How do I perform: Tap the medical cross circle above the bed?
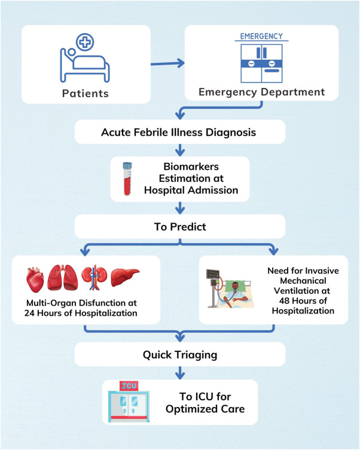pos(85,42)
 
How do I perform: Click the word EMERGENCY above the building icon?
pos(261,36)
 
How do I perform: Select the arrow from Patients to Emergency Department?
pos(167,63)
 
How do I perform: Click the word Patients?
pos(86,93)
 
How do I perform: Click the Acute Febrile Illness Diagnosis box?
pos(180,132)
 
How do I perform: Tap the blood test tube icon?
pos(127,179)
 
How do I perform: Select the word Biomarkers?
pos(191,166)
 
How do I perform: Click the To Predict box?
pos(180,226)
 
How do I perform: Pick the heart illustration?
pos(35,280)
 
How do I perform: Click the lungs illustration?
pos(63,278)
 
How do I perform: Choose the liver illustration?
pos(125,277)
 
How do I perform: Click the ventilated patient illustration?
pos(230,288)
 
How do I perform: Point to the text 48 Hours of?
pos(303,301)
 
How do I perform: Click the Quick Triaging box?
pos(180,354)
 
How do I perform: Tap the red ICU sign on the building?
pos(129,386)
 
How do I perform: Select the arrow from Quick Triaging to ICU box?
pos(180,373)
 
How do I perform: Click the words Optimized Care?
pos(205,409)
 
